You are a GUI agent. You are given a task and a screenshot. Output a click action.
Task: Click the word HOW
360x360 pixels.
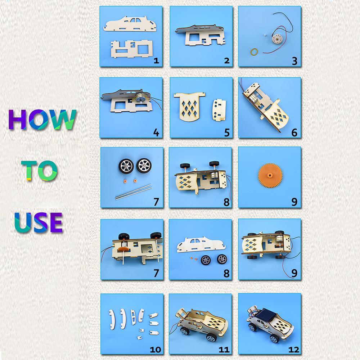[42, 119]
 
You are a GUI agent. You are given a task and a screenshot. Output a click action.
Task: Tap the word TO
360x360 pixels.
[39, 170]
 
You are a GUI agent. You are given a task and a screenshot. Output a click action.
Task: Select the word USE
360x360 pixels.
[39, 222]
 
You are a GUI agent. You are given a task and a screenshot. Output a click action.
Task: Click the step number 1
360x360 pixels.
[156, 60]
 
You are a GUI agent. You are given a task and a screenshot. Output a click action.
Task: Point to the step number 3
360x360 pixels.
[294, 61]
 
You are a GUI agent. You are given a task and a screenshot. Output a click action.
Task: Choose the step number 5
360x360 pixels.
[227, 133]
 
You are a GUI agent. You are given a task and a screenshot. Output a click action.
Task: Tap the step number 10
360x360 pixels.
[156, 350]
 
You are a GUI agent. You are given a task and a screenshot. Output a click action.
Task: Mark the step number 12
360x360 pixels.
[294, 350]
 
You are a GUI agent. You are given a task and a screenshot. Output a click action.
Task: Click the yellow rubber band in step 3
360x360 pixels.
[254, 51]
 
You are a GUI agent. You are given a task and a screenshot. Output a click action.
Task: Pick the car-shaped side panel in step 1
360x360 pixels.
[130, 23]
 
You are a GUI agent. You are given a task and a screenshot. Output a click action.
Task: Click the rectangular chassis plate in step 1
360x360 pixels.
[131, 48]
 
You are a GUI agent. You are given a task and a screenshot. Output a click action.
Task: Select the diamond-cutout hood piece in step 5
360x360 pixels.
[189, 106]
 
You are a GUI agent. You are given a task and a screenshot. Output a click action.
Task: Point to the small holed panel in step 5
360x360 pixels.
[220, 110]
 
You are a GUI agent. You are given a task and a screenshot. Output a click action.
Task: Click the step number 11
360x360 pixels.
[224, 350]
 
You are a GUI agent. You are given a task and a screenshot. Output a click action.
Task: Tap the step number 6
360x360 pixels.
[294, 133]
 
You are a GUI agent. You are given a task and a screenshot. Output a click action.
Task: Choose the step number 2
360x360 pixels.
[227, 60]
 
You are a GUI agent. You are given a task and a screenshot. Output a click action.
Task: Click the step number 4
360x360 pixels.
[156, 133]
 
